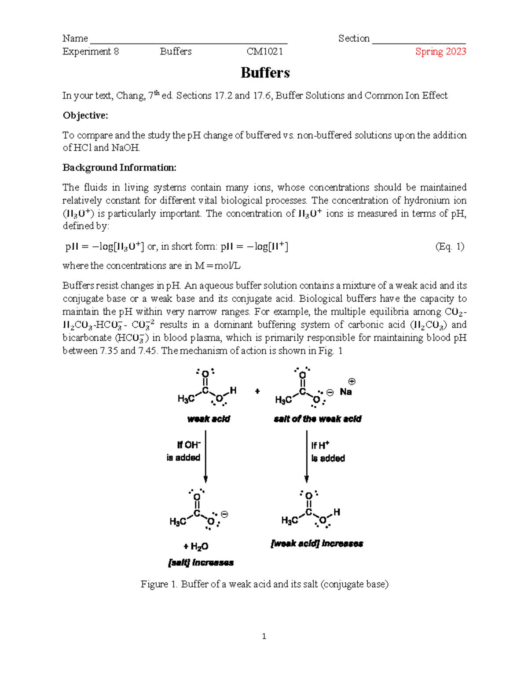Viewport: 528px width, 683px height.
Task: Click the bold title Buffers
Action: [265, 73]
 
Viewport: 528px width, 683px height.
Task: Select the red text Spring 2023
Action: [440, 51]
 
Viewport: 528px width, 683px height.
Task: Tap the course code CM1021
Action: [264, 51]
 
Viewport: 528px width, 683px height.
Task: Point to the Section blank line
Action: [418, 42]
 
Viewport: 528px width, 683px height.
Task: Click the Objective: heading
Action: [85, 115]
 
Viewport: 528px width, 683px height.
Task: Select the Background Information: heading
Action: [119, 168]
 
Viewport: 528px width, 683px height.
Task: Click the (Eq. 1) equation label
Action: [449, 246]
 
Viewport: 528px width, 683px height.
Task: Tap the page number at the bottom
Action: [264, 636]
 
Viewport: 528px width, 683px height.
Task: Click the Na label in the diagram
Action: [346, 392]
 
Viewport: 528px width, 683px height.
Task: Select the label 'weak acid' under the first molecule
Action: [209, 419]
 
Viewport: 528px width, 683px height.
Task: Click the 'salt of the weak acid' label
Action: [317, 419]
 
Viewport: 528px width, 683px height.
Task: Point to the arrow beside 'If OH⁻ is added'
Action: [205, 457]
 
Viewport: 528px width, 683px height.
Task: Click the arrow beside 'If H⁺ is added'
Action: [307, 457]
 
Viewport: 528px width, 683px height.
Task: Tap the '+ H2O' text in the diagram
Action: [196, 546]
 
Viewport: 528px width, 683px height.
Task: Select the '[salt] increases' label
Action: [201, 563]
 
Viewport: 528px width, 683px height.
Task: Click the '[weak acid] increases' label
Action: [317, 544]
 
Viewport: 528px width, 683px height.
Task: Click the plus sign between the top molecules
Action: [257, 391]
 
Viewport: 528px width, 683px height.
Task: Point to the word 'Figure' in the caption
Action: [154, 584]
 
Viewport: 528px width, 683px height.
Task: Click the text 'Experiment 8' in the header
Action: [91, 51]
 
